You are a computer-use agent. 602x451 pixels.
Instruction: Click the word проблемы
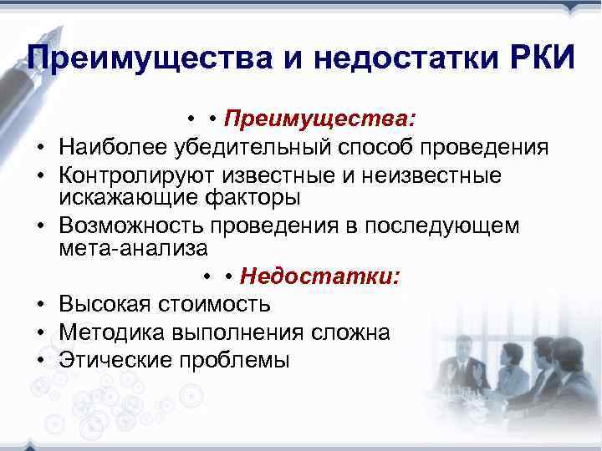click(x=235, y=361)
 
